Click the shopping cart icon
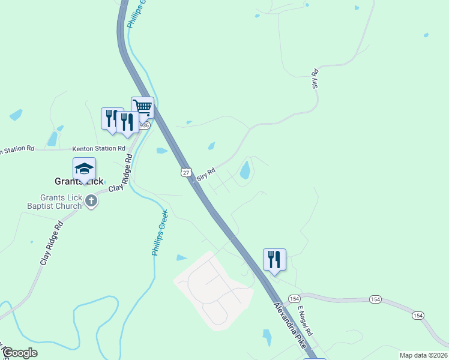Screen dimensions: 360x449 (x=142, y=107)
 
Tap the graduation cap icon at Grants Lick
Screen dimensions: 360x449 (x=85, y=168)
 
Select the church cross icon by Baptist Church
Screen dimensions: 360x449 (x=91, y=201)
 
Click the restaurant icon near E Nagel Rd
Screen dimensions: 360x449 (x=274, y=259)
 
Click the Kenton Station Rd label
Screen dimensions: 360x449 (x=98, y=148)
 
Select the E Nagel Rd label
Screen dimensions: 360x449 (x=306, y=321)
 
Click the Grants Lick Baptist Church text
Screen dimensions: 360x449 (x=61, y=202)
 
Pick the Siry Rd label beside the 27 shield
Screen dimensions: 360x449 (x=206, y=170)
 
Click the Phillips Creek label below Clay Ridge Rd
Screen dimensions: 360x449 (x=160, y=233)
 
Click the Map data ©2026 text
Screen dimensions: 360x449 (x=423, y=355)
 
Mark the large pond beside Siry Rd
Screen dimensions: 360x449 (x=245, y=170)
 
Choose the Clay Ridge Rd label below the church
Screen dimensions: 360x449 (x=52, y=244)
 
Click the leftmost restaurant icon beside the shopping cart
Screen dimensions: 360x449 (x=111, y=118)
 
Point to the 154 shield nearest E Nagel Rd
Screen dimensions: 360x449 (x=294, y=298)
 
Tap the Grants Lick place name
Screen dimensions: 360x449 (x=79, y=181)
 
